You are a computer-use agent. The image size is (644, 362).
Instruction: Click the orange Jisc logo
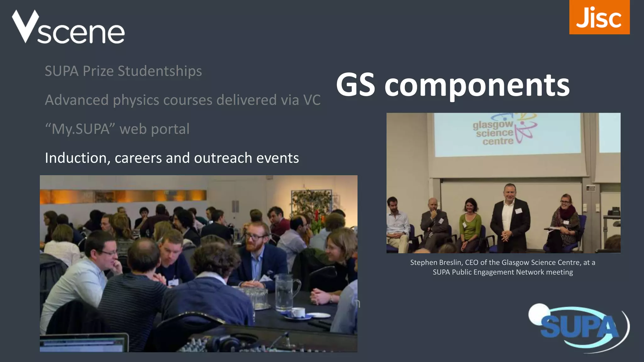(599, 17)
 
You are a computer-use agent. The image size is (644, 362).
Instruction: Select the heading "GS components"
(452, 85)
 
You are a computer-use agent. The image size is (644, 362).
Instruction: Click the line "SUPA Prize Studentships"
(123, 71)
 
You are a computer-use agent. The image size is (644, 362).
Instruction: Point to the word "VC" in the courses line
(312, 100)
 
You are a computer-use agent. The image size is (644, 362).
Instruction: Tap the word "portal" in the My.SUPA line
(170, 129)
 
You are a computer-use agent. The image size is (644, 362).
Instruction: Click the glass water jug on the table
(285, 292)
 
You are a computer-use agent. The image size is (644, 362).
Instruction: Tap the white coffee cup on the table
(297, 312)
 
